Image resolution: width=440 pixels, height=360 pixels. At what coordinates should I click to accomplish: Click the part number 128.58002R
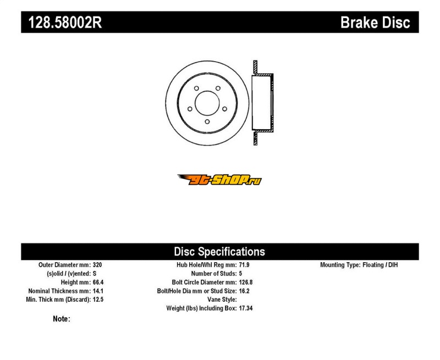tap(65, 23)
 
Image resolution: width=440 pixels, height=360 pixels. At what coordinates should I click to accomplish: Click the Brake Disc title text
tap(375, 23)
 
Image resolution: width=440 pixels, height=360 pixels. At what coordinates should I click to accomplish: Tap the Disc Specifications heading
tap(219, 252)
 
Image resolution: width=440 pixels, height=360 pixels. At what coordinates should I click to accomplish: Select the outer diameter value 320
tap(97, 265)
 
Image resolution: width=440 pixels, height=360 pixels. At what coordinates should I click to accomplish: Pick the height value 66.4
tap(98, 283)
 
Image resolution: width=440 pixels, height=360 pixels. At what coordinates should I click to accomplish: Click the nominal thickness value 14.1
tap(98, 291)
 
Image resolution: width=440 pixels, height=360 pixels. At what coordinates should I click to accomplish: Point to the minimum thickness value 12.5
tap(98, 300)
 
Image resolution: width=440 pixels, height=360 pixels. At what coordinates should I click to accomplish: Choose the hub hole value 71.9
tap(244, 265)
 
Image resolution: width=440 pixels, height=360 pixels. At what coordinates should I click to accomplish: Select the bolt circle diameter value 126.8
tap(246, 283)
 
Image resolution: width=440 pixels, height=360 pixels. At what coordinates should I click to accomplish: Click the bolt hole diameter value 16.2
tap(244, 291)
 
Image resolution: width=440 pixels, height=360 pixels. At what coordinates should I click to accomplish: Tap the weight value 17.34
tap(246, 308)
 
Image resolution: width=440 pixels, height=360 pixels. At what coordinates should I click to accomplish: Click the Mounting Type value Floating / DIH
tap(380, 265)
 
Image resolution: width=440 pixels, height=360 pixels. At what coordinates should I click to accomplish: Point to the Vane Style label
tap(222, 300)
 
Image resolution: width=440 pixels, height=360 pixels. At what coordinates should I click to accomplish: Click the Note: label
tap(62, 319)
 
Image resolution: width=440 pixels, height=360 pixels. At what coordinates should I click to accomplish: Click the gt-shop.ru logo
tap(219, 180)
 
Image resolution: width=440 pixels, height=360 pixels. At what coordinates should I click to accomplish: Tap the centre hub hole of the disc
tap(207, 103)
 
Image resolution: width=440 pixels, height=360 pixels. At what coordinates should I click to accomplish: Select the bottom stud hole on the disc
tap(207, 121)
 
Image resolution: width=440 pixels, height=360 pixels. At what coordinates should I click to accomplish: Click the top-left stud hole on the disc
tap(196, 88)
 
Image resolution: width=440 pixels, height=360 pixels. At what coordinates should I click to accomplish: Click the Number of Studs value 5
tap(240, 274)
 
